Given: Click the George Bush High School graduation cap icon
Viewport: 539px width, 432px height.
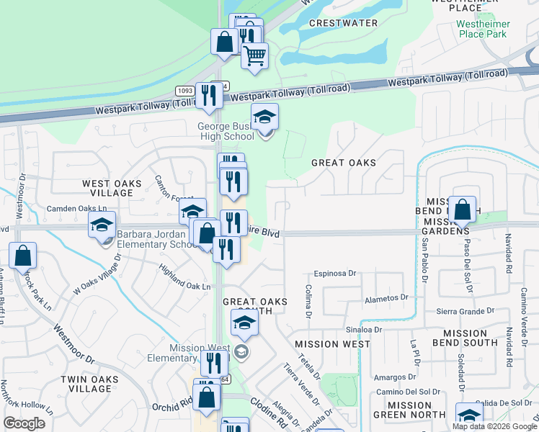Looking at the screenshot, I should [x=264, y=117].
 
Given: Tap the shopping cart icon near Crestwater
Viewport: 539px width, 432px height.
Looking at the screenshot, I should [x=254, y=55].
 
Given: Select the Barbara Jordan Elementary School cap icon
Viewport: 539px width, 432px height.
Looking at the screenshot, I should [x=102, y=225].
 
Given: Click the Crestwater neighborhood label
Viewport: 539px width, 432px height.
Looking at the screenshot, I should [x=343, y=23].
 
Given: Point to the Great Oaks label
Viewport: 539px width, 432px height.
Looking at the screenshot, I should [x=344, y=163].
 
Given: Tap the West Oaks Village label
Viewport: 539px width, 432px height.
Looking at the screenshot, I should [x=111, y=189].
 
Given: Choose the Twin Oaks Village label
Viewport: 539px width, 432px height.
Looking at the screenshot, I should [x=85, y=384].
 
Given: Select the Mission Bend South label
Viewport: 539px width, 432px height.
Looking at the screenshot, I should [x=470, y=338].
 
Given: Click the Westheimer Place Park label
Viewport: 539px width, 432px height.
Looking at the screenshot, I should [x=484, y=29].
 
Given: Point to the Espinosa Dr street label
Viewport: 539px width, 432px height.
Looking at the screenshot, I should [x=335, y=274].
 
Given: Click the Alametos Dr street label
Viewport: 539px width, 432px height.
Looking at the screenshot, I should [x=386, y=297].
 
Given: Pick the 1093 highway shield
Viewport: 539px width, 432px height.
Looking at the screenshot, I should [x=184, y=90].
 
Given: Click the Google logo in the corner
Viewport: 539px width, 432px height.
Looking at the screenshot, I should [x=24, y=423].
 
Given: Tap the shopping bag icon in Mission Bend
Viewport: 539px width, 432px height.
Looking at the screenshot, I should [x=462, y=210].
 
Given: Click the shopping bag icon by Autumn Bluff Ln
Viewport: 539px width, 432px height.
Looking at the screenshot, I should [x=23, y=255].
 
